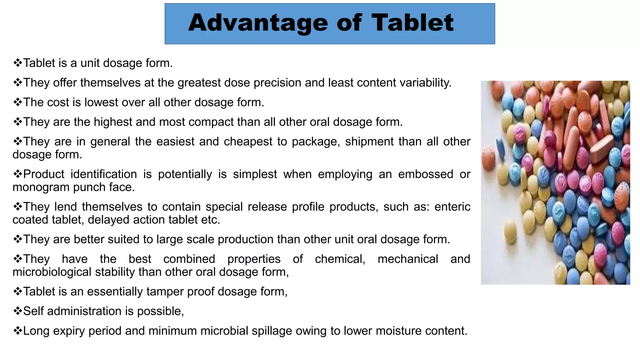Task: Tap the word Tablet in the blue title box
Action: (412, 23)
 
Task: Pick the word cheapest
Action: (248, 142)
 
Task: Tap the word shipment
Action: (369, 142)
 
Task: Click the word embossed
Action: (425, 174)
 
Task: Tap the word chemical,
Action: (340, 259)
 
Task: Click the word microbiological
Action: (52, 272)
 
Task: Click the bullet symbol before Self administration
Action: (17, 311)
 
